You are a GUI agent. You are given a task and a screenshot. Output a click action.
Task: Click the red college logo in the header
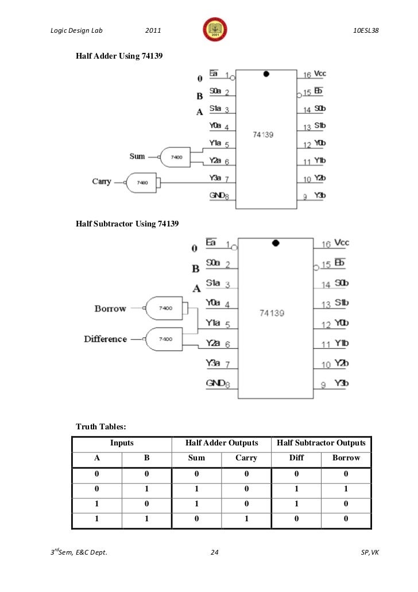(x=211, y=29)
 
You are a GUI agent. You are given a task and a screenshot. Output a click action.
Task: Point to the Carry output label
(x=102, y=182)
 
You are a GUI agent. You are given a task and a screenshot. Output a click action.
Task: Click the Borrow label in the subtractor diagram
(x=110, y=309)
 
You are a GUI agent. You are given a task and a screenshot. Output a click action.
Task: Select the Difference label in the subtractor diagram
(x=106, y=339)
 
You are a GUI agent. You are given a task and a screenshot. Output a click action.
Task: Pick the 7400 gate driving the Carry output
(x=142, y=182)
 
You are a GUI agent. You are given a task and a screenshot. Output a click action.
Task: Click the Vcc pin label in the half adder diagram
(x=320, y=74)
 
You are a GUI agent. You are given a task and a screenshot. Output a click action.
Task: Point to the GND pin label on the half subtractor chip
(x=215, y=383)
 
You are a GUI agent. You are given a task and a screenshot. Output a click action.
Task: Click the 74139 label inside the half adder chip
(x=263, y=134)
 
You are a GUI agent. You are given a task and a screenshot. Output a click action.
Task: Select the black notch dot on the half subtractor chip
(x=276, y=243)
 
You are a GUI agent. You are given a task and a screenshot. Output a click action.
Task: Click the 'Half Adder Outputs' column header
(x=221, y=443)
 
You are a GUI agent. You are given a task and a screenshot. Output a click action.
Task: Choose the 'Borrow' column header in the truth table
(x=346, y=458)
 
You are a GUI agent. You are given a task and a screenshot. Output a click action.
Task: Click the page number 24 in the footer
(x=215, y=553)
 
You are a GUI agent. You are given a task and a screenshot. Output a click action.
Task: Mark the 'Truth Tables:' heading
(x=100, y=426)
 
